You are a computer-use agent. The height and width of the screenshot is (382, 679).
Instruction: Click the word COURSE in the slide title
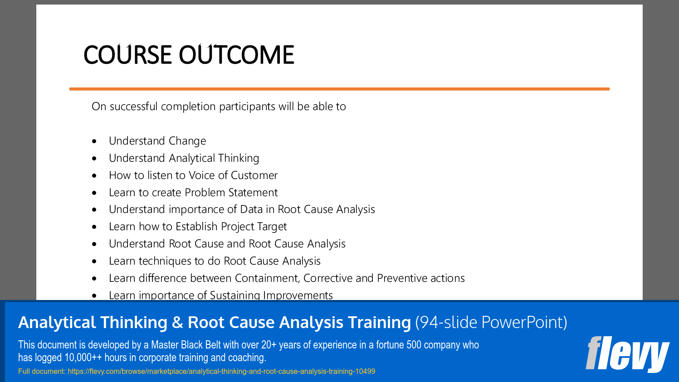128,55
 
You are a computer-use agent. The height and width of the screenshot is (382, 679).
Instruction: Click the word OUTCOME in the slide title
236,55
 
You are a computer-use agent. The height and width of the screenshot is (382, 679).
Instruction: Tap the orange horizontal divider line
339,89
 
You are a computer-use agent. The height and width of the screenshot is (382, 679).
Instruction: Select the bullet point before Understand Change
94,141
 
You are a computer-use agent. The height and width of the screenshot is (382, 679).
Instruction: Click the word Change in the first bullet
187,141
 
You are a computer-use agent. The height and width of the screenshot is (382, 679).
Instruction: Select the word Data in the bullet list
251,209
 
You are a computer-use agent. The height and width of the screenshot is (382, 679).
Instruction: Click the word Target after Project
272,227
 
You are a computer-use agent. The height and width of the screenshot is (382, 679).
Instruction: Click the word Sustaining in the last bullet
234,295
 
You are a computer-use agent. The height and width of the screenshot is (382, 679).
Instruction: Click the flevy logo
627,353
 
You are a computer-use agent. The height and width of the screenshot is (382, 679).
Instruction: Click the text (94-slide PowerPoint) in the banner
491,322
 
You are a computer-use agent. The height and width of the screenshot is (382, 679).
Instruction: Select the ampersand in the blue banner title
177,323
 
